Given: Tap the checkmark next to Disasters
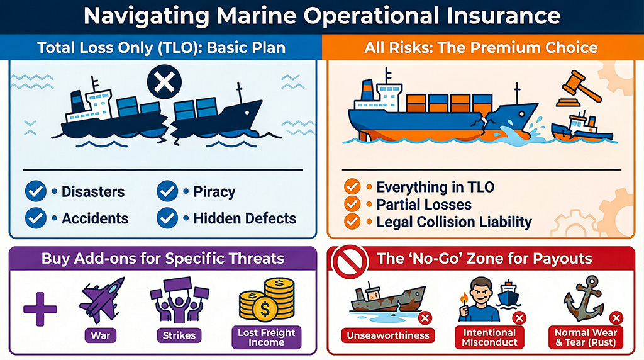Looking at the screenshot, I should point(36,191).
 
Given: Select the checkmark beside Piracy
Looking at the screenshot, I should point(167,191).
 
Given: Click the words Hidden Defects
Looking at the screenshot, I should point(245,218).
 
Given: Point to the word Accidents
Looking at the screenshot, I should point(95,218).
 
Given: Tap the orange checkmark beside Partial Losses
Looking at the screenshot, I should point(352,205).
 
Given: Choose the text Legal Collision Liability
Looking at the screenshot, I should point(454,222).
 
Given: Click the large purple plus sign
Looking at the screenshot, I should point(40,308).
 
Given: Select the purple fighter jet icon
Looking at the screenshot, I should point(101,302).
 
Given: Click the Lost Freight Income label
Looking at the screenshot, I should point(266,337).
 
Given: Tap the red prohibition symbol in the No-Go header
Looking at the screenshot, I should point(345,260).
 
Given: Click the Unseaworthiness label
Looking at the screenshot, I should point(388,335).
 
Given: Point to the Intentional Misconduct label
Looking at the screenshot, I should point(490,337).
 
